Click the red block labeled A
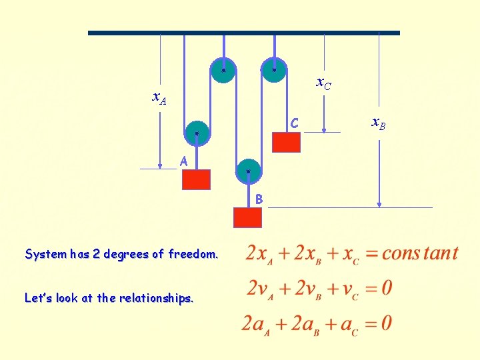point(196,179)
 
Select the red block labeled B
point(247,217)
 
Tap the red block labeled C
point(286,142)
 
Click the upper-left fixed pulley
point(223,70)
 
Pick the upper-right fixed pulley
point(274,69)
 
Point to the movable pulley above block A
point(197,133)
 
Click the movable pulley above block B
point(248,171)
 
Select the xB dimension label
point(378,123)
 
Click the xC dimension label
point(323,83)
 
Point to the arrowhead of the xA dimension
point(161,165)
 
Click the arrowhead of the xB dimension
point(379,204)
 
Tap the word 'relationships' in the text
point(157,299)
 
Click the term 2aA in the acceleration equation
point(259,324)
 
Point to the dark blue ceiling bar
point(244,32)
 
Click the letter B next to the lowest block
point(259,199)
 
